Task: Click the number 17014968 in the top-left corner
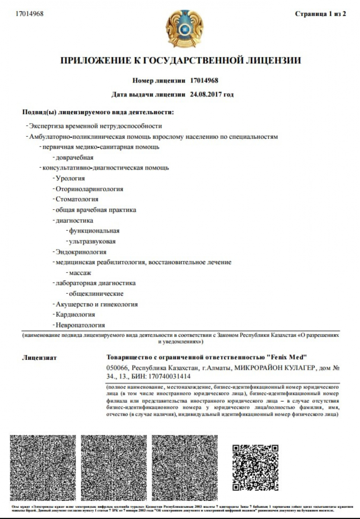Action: [29, 13]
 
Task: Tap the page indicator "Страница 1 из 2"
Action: [320, 14]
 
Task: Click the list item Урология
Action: [70, 178]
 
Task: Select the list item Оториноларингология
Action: [89, 189]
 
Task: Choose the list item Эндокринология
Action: [81, 252]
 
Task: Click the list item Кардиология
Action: [75, 314]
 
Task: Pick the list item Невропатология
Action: [80, 325]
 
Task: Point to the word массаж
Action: [80, 273]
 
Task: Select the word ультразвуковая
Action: [92, 241]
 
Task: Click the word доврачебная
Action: [74, 157]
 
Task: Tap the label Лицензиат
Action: [39, 358]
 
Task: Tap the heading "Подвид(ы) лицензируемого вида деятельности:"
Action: [98, 112]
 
